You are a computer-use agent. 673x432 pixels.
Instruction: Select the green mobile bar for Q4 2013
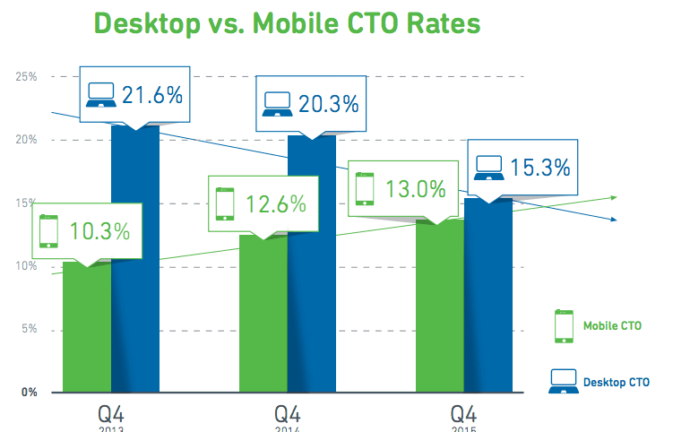click(87, 332)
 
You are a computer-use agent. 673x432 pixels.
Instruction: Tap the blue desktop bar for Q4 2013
click(135, 269)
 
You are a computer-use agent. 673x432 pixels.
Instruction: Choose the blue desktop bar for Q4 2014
click(311, 269)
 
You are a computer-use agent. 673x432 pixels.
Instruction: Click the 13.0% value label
click(414, 189)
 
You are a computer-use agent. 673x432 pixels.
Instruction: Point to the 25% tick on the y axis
click(26, 77)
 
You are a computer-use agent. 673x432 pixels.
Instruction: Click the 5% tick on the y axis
click(28, 330)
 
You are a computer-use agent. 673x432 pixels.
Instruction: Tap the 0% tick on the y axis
click(28, 393)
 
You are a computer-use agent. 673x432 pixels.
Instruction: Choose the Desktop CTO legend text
click(616, 382)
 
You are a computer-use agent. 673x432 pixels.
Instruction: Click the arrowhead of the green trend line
click(613, 197)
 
